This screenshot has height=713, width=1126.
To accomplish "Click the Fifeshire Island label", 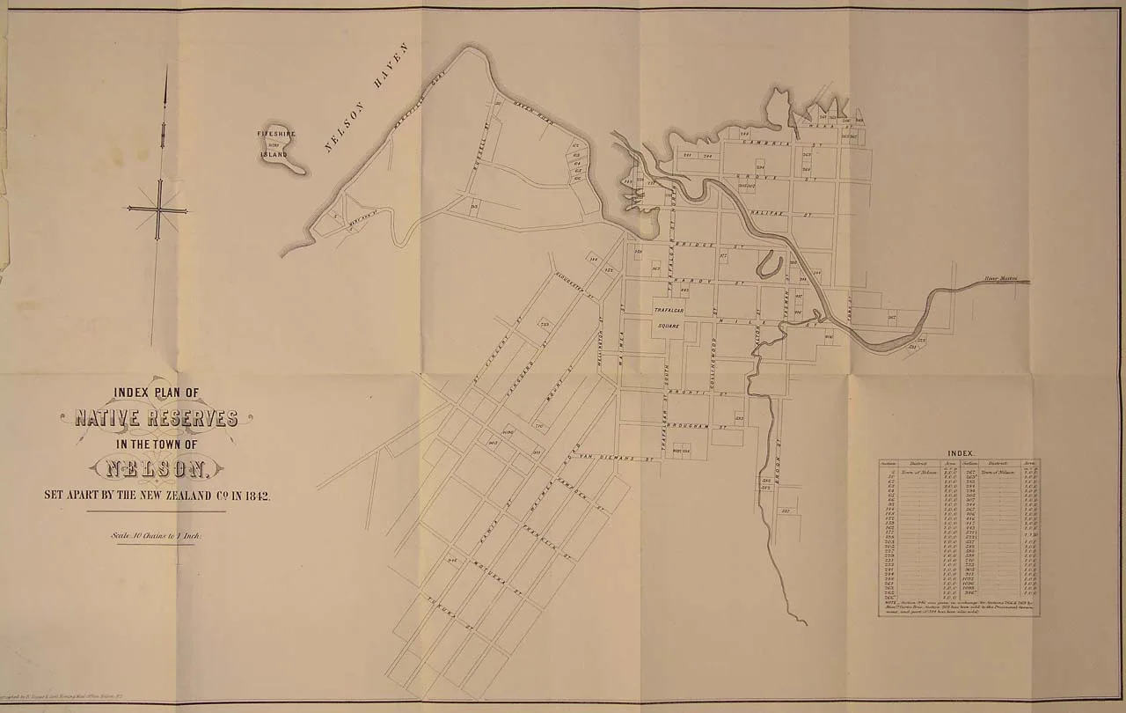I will (275, 143).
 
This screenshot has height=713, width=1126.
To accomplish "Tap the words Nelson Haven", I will (368, 97).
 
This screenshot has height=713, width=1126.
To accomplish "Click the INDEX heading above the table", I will (959, 451).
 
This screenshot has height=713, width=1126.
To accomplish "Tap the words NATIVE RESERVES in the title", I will (157, 418).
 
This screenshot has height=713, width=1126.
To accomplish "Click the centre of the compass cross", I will (158, 209).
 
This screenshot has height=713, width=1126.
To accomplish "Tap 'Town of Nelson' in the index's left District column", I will (920, 473).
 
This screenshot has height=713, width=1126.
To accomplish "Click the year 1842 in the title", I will (256, 496).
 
